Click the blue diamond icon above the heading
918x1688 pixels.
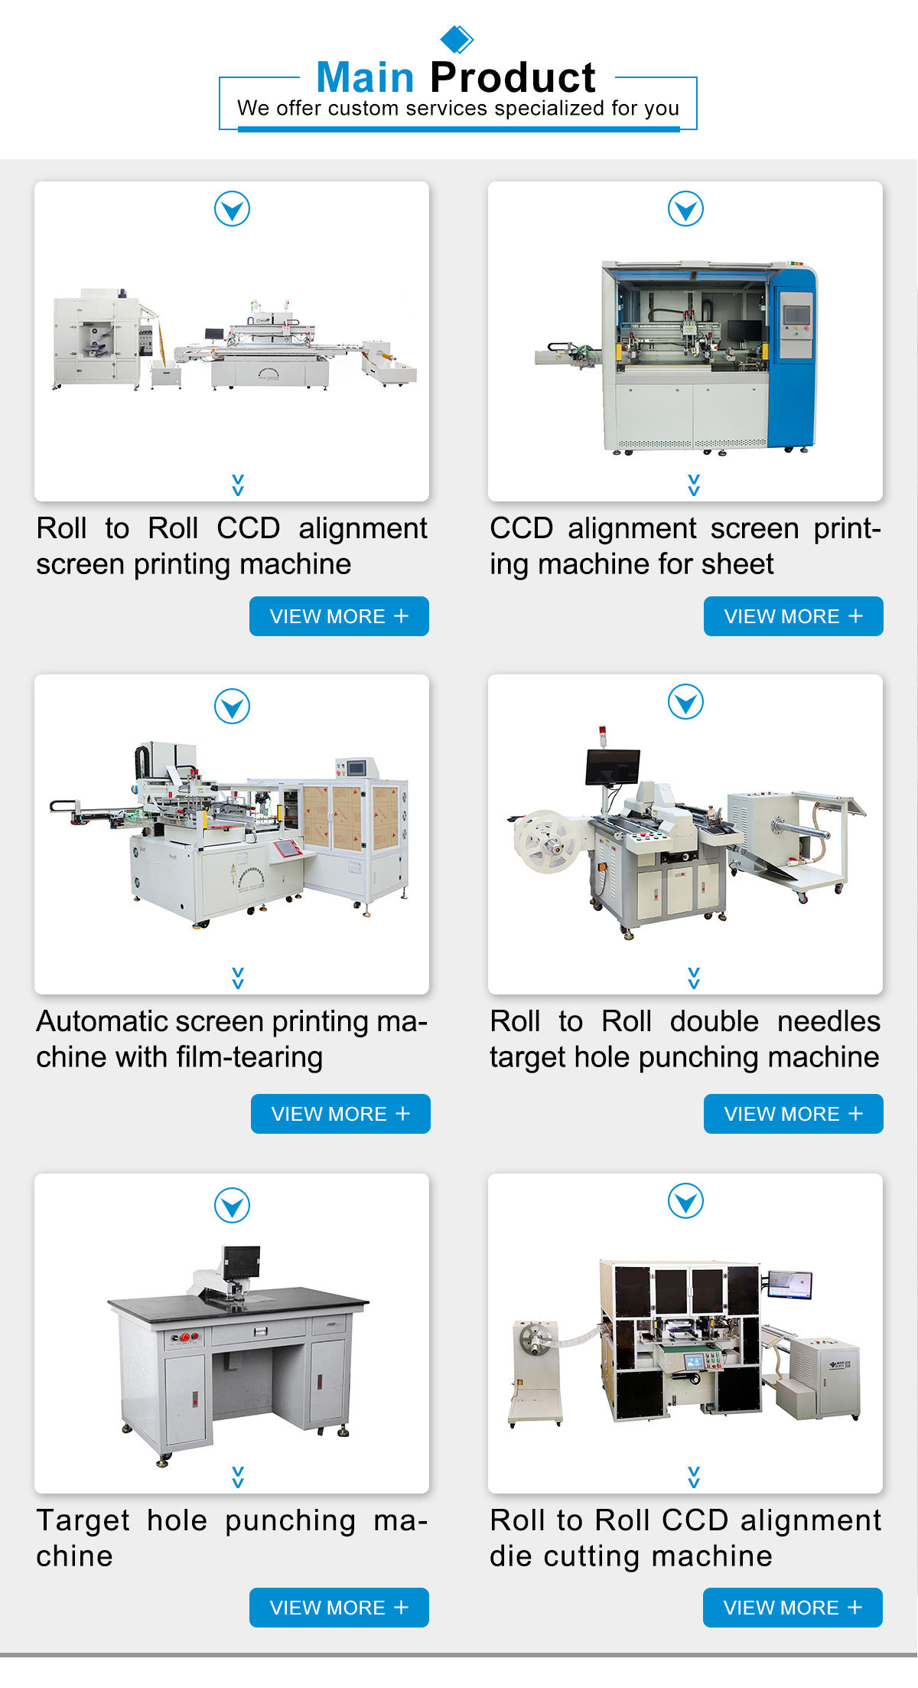(x=457, y=38)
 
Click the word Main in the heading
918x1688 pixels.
(x=365, y=77)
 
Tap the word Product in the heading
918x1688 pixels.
(x=513, y=77)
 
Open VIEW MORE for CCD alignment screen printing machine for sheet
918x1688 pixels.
(x=793, y=616)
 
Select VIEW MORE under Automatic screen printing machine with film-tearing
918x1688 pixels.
(x=340, y=1114)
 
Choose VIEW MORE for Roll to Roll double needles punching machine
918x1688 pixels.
(x=793, y=1114)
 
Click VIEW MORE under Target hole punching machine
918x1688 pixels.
(x=339, y=1608)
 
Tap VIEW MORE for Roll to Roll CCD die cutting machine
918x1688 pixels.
(x=793, y=1608)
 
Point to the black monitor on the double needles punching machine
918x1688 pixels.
(x=611, y=766)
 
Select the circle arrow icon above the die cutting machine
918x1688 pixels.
(x=685, y=1200)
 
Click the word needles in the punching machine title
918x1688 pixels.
(x=828, y=1021)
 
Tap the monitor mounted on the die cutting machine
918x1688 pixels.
(x=789, y=1284)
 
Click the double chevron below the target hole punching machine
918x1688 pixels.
(x=238, y=1477)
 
